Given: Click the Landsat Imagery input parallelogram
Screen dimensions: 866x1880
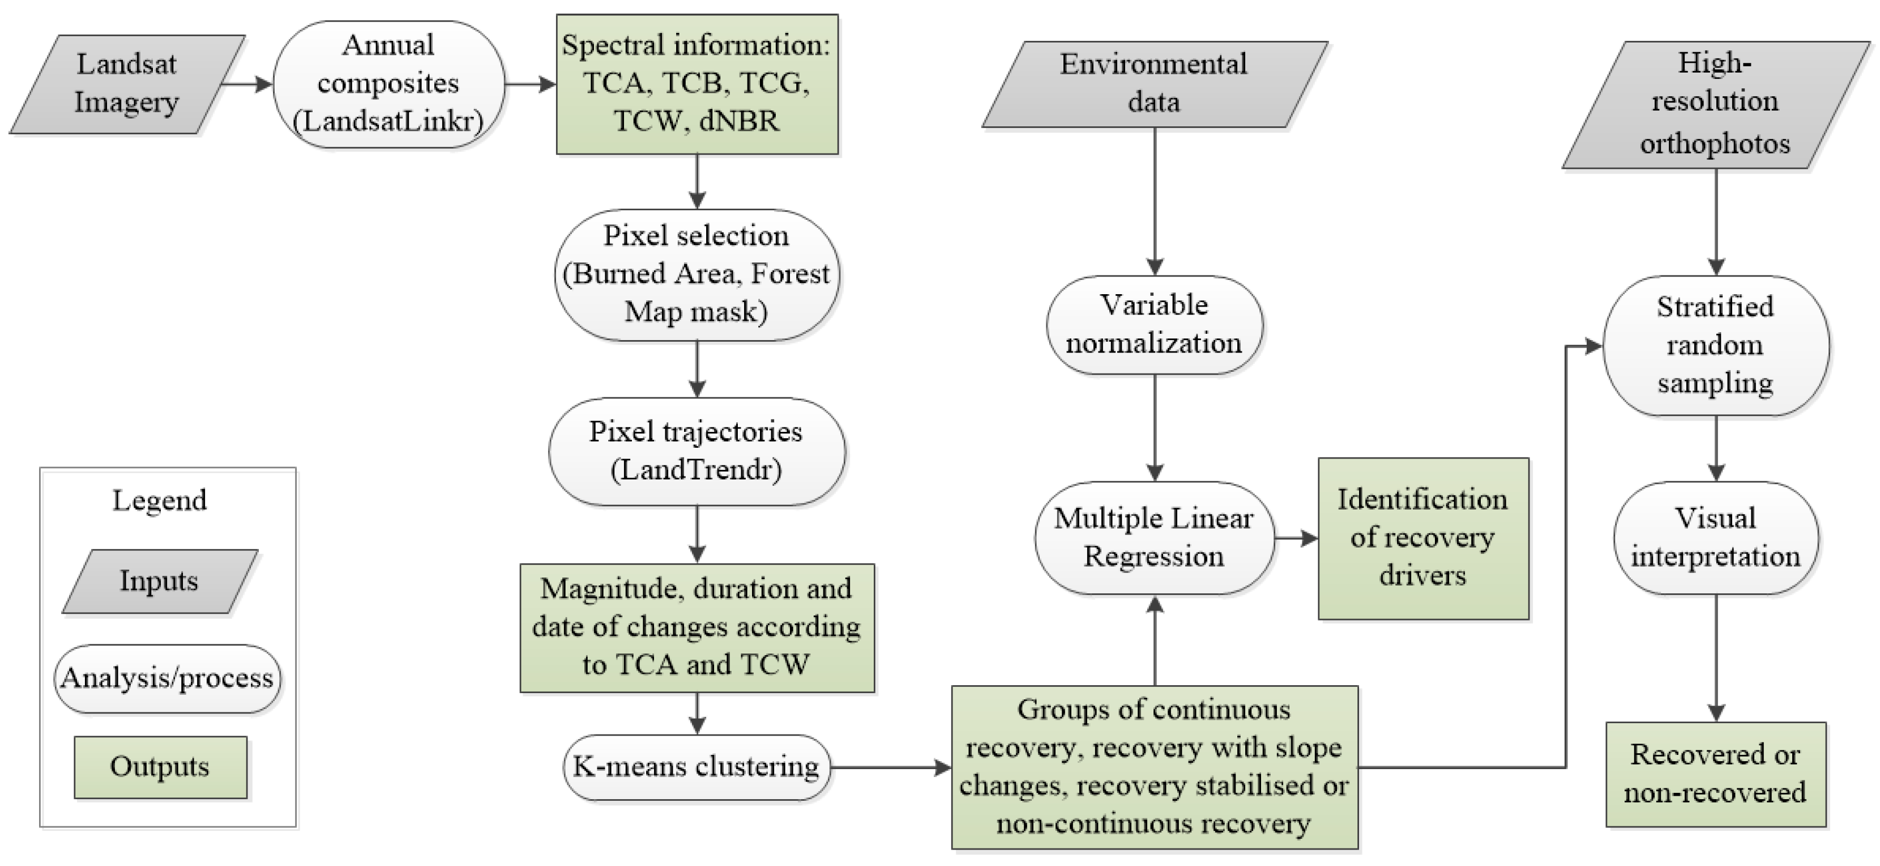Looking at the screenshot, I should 126,84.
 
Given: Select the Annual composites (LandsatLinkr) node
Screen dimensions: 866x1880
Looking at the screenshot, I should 388,84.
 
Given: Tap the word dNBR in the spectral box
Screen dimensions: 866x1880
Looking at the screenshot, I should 738,121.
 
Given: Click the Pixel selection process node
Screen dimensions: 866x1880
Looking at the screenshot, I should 697,274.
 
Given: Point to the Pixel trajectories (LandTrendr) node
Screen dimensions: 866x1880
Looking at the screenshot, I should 697,451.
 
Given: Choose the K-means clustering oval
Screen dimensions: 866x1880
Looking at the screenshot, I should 697,767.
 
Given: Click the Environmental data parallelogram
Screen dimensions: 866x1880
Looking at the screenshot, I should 1154,84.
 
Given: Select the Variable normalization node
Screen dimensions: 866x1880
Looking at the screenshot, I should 1154,324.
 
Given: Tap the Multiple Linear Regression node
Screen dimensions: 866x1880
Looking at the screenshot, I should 1154,537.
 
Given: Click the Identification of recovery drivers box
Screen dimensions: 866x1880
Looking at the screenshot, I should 1422,538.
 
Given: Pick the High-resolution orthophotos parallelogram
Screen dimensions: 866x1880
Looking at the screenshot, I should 1715,104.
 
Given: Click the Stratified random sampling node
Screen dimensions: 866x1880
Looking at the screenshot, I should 1715,345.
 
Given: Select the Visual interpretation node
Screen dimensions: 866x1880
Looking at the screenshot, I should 1715,537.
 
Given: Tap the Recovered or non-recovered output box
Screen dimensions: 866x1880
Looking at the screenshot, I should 1715,774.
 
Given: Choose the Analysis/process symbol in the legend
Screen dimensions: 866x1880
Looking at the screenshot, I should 167,678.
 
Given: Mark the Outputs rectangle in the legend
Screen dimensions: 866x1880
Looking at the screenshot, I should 160,767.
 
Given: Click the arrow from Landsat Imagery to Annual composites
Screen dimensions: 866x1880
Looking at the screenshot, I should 247,84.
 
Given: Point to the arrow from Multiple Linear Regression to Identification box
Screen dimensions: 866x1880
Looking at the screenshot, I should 1296,539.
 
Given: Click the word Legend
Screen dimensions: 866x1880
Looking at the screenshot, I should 159,501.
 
